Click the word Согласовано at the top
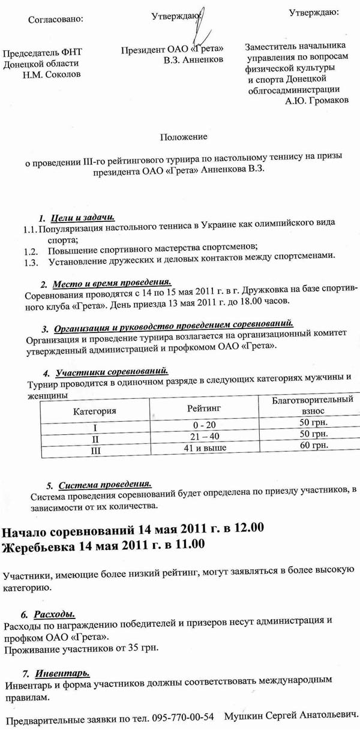tap(56, 19)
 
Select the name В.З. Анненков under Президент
tap(193, 59)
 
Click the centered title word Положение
tap(184, 137)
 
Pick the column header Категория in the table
tap(94, 411)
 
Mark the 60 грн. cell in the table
tap(311, 446)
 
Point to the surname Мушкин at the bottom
tap(242, 716)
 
